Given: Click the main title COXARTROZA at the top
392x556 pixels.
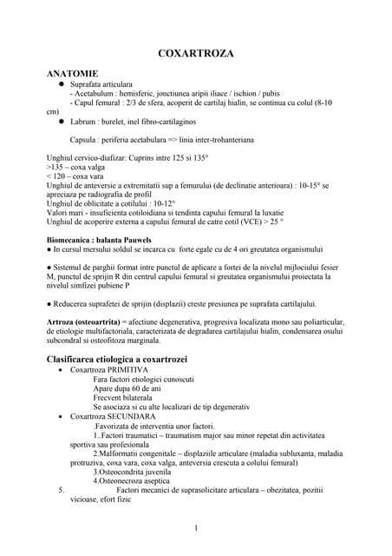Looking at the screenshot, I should (195, 54).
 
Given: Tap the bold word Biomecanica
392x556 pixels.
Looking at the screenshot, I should (73, 239).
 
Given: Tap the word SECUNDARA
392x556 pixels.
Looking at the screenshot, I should (130, 416).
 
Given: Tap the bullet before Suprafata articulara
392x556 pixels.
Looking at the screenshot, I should (62, 85).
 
